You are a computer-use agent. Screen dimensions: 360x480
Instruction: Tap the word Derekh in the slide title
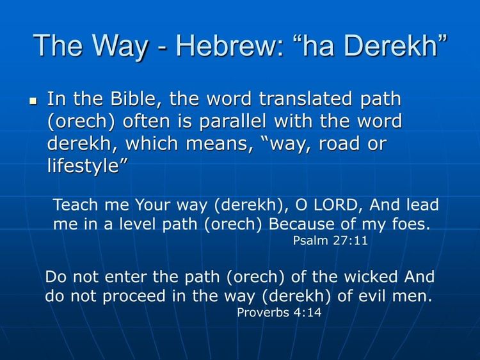coord(398,46)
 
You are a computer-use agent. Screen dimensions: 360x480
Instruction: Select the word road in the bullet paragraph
coord(339,144)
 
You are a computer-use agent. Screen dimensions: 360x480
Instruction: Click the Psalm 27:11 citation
coord(330,241)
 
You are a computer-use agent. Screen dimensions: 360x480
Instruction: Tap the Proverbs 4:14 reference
coord(279,313)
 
